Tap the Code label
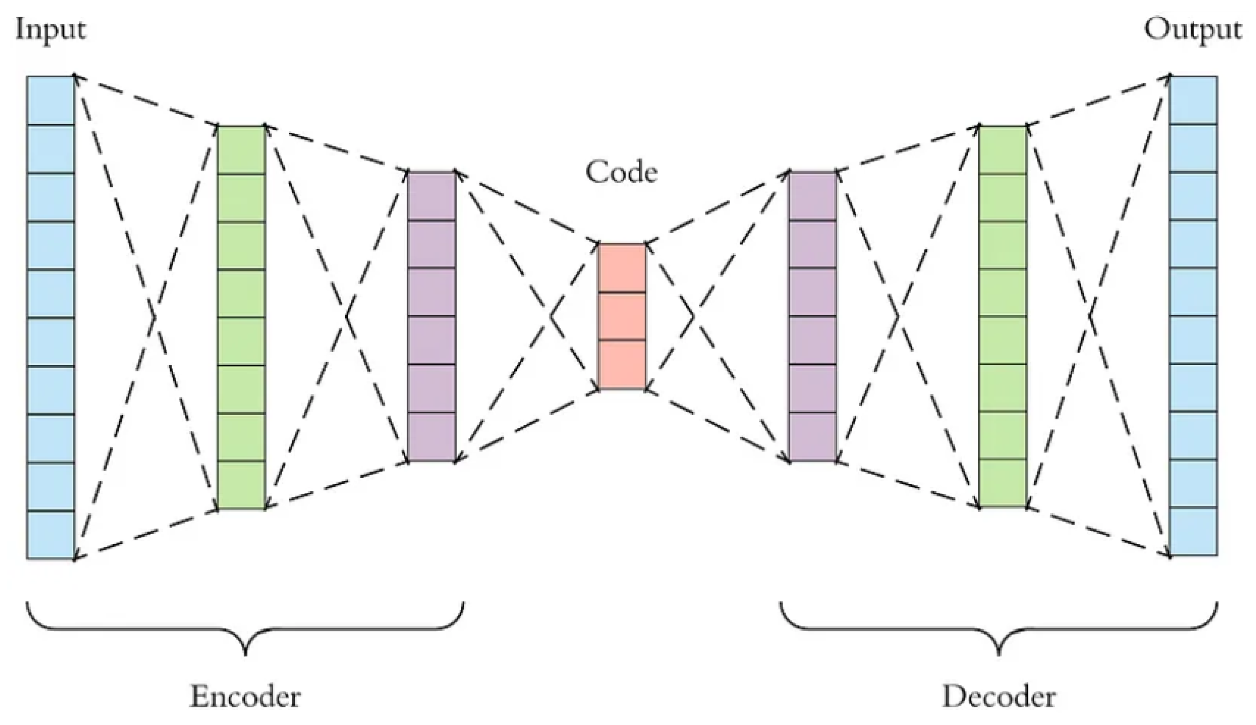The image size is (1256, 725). pos(621,173)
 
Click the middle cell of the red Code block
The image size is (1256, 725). pos(622,316)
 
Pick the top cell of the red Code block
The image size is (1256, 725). pos(622,268)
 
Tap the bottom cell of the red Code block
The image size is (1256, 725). pos(622,364)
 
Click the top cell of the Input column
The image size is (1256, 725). pos(50,100)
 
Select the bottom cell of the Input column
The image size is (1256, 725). pos(50,535)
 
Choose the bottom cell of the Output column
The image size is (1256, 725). pos(1193,531)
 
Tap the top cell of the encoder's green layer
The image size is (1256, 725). pos(241,150)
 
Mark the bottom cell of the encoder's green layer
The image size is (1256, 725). pos(241,485)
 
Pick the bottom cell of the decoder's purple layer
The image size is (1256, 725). pos(813,437)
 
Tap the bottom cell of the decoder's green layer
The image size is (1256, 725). pos(1003,483)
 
